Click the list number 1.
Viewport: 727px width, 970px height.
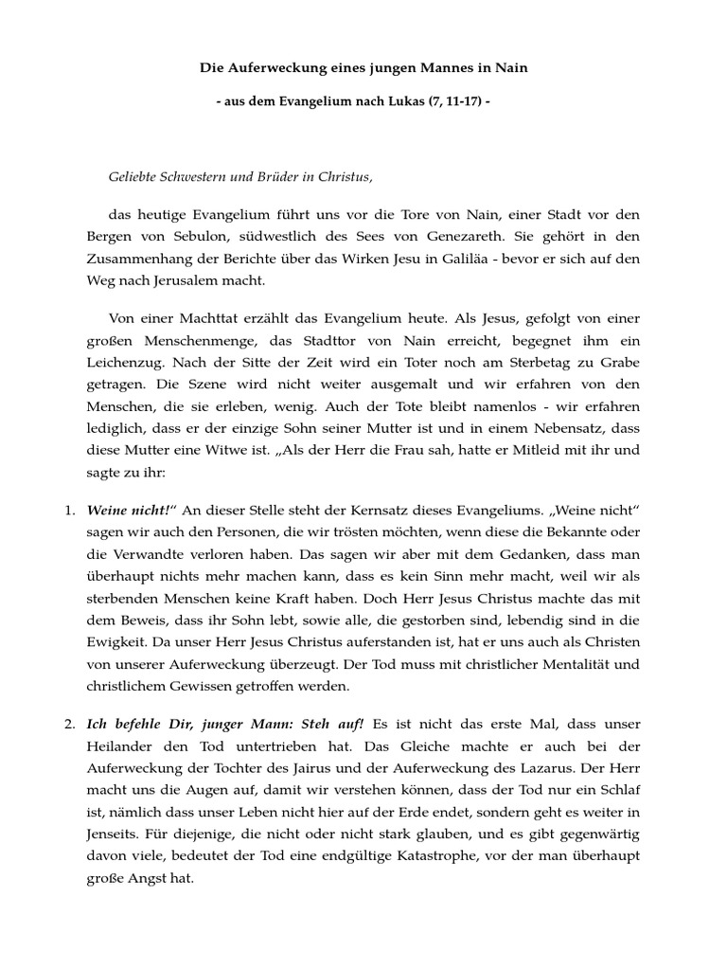(69, 512)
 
